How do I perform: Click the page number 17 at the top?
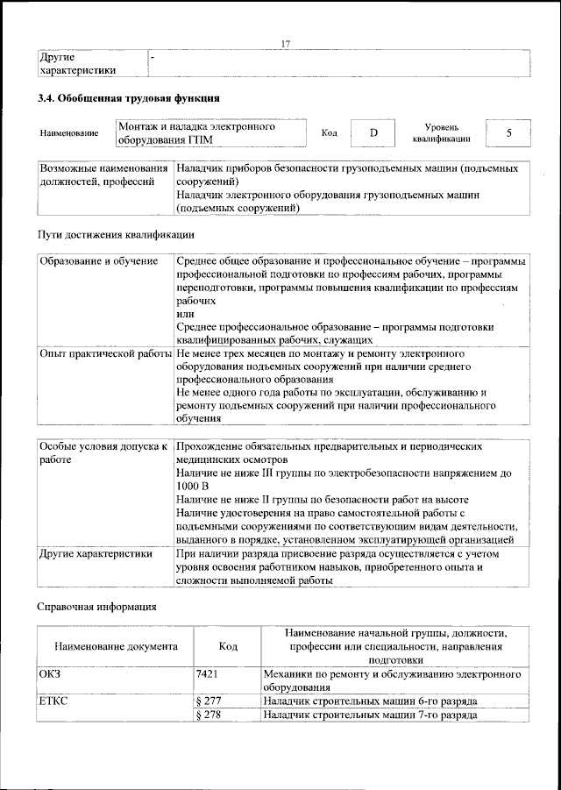285,44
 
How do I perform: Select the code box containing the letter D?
373,132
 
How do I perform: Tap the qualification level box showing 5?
508,132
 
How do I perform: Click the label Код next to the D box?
330,133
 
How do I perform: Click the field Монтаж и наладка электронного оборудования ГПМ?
210,133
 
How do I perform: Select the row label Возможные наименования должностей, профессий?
103,174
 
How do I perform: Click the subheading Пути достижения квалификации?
115,235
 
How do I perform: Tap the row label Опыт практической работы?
105,353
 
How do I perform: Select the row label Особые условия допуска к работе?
103,452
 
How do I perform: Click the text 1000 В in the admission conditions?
192,486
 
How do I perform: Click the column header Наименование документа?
116,646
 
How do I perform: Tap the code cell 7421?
209,674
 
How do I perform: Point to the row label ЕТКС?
54,701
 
